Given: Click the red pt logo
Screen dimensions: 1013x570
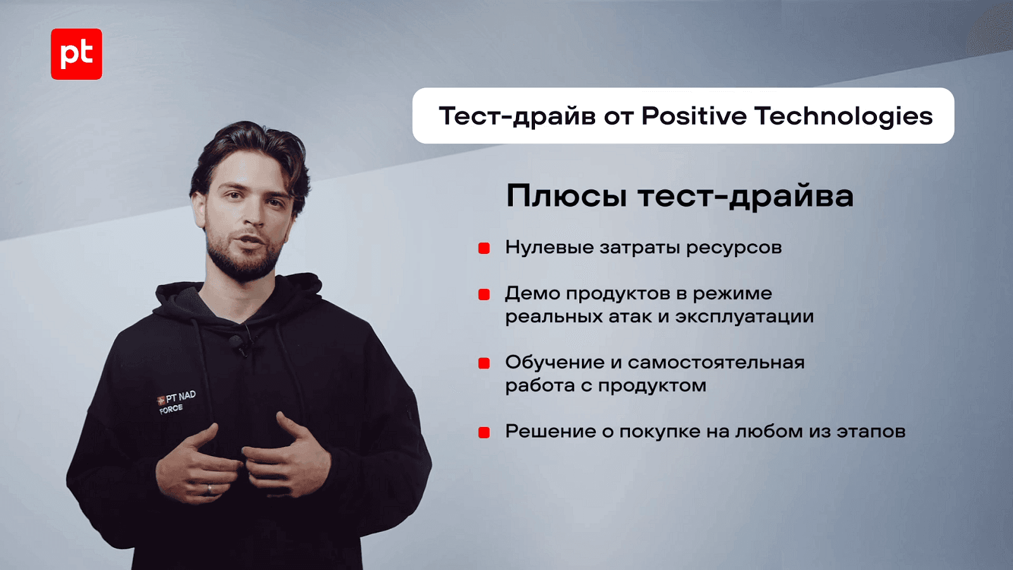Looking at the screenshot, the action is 77,54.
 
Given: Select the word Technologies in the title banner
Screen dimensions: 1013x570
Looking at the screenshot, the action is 845,117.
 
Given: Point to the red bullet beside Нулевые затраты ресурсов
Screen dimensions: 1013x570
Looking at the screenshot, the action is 484,248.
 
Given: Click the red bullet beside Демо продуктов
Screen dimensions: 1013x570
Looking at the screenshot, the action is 484,294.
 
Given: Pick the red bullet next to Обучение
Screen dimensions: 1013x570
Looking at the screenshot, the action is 484,364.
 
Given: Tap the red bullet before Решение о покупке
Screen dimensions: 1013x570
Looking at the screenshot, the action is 484,433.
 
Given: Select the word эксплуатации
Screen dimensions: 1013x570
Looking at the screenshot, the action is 745,317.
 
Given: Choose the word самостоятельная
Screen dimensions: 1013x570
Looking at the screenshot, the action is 716,363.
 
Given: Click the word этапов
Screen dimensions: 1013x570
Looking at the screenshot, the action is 871,432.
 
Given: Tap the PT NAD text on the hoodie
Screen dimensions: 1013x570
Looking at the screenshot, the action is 180,398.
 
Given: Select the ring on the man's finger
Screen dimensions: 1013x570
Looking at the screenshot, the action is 209,489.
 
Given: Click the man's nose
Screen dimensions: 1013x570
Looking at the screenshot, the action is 256,213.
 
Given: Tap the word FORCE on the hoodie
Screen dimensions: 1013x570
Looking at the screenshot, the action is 172,409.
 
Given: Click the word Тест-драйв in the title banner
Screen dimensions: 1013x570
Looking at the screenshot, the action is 517,117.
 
